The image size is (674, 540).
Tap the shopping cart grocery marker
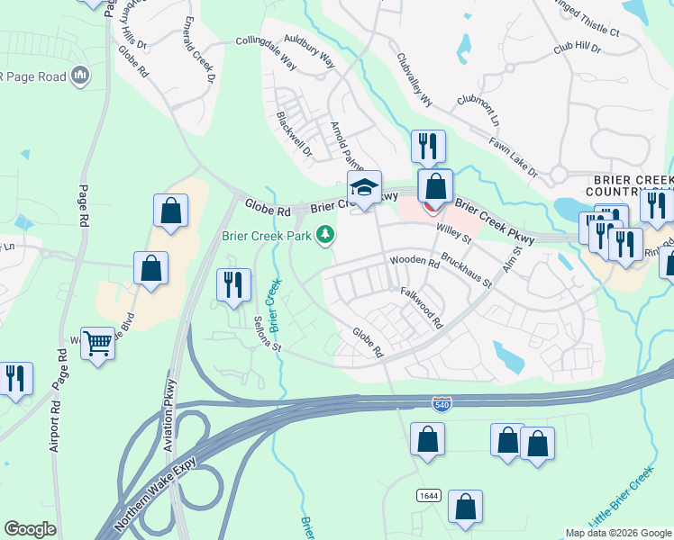[x=97, y=341]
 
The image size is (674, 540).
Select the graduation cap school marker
[x=364, y=187]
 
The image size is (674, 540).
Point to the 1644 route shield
[x=428, y=496]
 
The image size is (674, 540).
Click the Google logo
[x=30, y=529]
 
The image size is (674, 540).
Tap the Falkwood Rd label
[x=422, y=306]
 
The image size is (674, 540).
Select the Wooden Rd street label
[x=414, y=262]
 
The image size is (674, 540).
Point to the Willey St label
[x=454, y=234]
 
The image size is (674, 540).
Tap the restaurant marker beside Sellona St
[x=233, y=284]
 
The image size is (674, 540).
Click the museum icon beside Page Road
[x=79, y=75]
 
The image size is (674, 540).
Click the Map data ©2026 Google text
[x=617, y=532]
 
